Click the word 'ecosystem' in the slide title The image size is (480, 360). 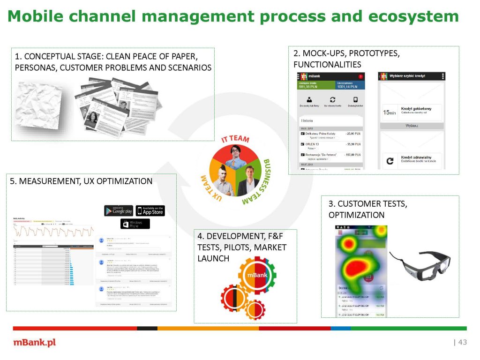click(413, 17)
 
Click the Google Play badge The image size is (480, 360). click(119, 210)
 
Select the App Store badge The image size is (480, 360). click(150, 210)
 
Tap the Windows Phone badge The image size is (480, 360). click(135, 224)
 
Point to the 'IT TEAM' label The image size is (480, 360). click(235, 140)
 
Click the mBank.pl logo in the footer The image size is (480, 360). click(34, 342)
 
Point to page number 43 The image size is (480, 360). click(462, 342)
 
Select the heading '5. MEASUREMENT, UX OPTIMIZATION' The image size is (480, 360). click(81, 181)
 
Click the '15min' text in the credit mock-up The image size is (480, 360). click(389, 112)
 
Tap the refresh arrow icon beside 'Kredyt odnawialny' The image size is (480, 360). click(389, 161)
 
